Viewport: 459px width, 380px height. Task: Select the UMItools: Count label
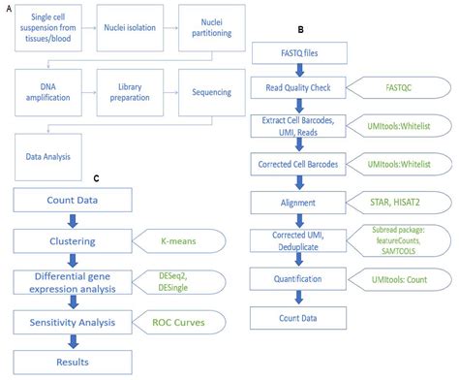pyautogui.click(x=399, y=278)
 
